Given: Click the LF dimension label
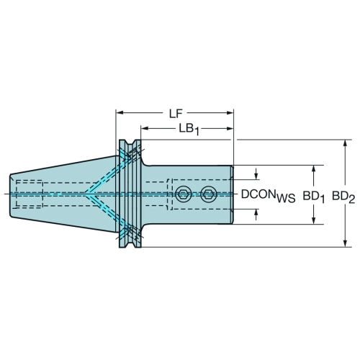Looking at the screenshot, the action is (176, 114).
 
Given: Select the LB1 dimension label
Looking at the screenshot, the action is (189, 130).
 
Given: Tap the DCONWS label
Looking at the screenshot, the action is (268, 196).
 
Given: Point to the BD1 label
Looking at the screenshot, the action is (313, 197).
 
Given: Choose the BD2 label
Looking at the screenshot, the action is (343, 197).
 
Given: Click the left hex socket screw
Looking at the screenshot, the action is (184, 194).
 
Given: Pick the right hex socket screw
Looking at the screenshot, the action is (209, 194).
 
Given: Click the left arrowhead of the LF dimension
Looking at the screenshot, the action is (120, 112).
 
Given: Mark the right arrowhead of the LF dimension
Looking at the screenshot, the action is (230, 112).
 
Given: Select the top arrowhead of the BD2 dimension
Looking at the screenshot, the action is (345, 143).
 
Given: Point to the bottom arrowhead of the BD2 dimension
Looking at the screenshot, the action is (345, 243).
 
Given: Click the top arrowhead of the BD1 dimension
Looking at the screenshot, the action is (313, 169).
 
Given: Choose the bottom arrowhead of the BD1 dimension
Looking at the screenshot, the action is (313, 220).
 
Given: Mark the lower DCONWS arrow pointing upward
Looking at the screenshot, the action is (256, 215).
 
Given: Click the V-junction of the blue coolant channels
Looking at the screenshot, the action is (86, 194).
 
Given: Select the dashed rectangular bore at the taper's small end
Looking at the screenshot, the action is (30, 194).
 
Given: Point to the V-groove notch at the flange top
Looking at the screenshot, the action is (130, 144).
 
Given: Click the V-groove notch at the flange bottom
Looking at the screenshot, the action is (130, 243).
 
